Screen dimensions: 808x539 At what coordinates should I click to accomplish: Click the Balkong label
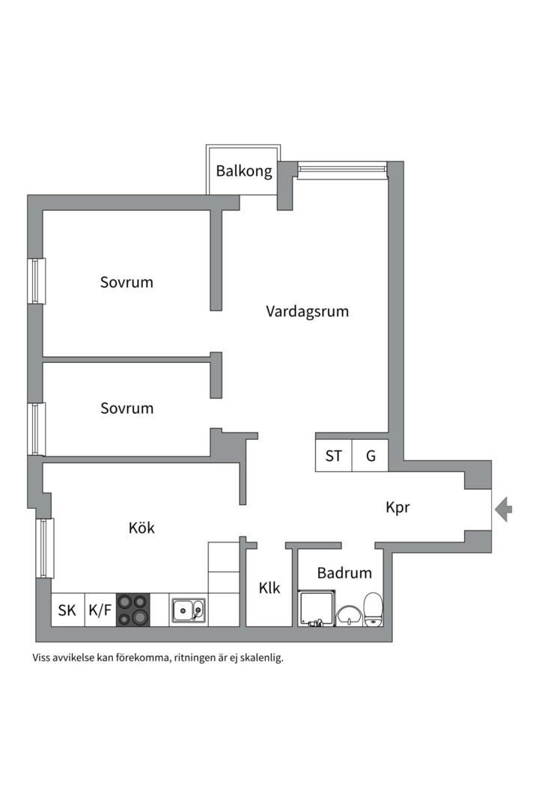[244, 171]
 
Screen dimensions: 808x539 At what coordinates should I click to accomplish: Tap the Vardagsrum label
[307, 311]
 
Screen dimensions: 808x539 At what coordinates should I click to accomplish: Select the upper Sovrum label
[127, 282]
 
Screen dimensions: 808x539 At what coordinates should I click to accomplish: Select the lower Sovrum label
[127, 408]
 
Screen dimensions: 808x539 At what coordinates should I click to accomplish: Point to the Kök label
[141, 527]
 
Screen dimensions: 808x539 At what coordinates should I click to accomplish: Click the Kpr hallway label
[398, 507]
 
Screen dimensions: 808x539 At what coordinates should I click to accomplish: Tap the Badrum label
[344, 573]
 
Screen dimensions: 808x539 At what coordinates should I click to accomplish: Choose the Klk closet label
[269, 588]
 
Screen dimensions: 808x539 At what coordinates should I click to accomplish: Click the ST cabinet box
[333, 456]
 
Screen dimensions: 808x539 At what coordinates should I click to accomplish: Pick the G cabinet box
[371, 456]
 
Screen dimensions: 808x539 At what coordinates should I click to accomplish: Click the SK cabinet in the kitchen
[67, 610]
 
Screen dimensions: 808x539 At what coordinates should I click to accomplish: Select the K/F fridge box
[100, 610]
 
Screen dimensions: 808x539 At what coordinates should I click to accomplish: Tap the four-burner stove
[133, 610]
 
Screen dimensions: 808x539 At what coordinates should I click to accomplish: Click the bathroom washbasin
[348, 616]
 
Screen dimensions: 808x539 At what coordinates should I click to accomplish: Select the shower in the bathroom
[314, 608]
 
